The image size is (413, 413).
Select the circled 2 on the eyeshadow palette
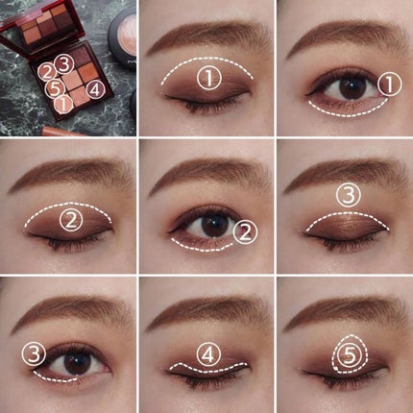[x=47, y=71]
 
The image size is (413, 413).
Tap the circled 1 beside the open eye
[x=387, y=85]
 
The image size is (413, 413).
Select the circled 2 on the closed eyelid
[x=69, y=222]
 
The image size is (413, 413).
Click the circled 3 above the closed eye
[x=347, y=195]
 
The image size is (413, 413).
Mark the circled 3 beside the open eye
[x=36, y=355]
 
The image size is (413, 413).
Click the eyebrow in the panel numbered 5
[x=346, y=312]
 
